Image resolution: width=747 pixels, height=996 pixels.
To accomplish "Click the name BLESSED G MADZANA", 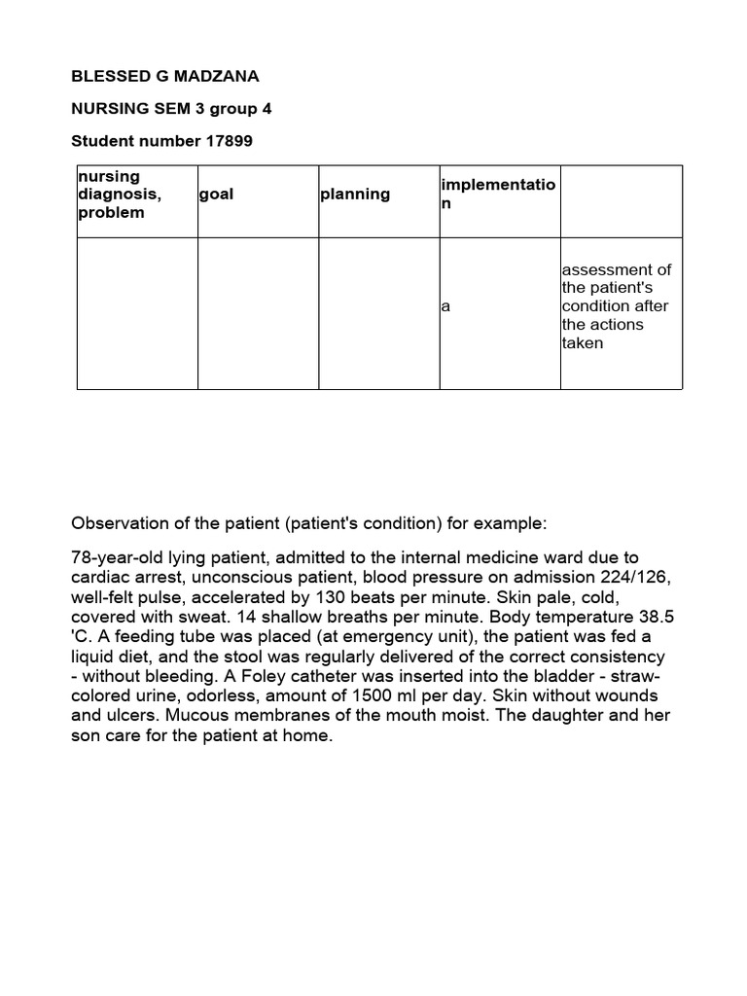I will (x=165, y=76).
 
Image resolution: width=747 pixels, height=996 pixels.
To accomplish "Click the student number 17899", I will (x=229, y=141).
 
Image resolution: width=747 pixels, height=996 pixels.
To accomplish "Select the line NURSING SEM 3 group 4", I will (x=171, y=109).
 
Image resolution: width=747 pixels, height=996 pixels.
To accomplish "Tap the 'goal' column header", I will (x=216, y=195).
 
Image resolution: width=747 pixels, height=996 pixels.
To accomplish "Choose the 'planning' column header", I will (x=354, y=195).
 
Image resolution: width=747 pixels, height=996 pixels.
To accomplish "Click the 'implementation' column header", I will (x=497, y=195).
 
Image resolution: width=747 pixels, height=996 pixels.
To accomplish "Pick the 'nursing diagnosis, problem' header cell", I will (x=119, y=195).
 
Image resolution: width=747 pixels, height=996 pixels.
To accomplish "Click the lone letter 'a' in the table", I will (x=445, y=306).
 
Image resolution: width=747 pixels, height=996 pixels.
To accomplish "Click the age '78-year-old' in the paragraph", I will (x=113, y=557).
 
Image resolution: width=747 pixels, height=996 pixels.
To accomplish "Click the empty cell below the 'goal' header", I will (x=258, y=313).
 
